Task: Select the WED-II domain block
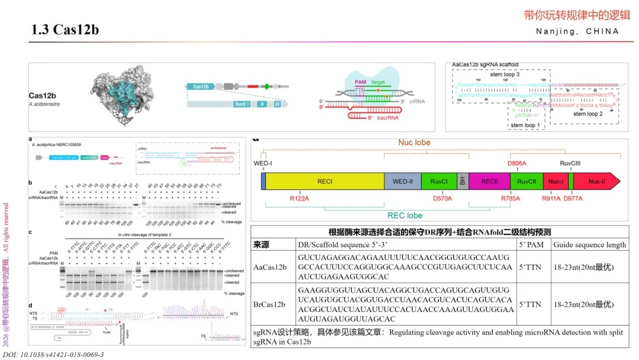402,181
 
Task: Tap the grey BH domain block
462,181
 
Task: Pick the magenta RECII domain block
489,181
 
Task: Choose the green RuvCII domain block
527,181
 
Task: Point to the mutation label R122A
299,198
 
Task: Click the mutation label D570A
443,198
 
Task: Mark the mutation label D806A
517,163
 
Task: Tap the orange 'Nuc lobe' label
414,143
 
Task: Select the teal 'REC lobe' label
405,216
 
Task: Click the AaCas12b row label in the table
270,267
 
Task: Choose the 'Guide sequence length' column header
589,245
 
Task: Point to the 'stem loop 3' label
505,75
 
